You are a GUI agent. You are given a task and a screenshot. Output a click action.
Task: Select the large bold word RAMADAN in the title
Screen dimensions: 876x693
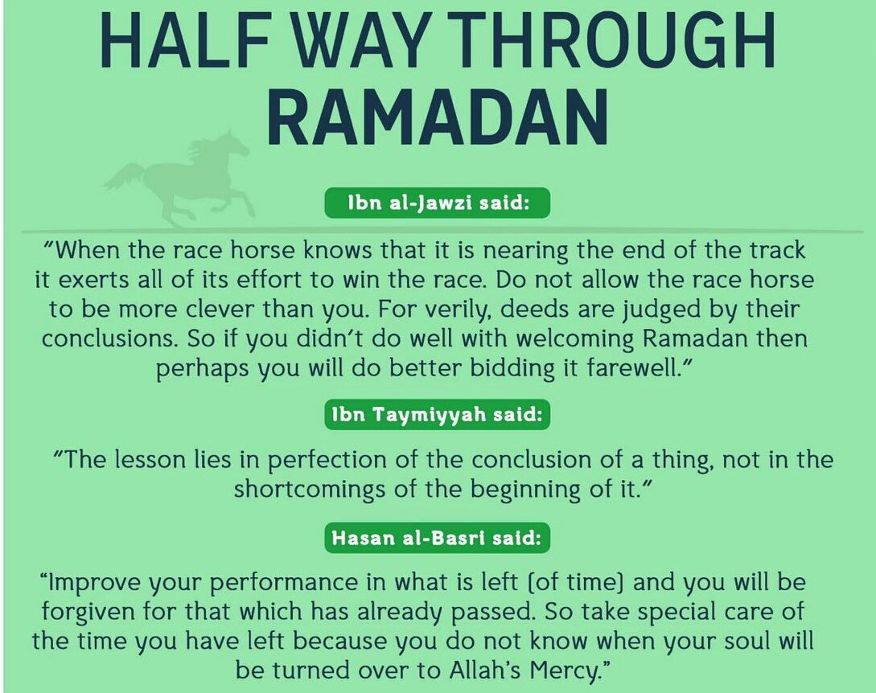click(437, 118)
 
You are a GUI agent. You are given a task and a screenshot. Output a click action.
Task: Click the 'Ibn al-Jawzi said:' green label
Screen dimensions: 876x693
click(438, 203)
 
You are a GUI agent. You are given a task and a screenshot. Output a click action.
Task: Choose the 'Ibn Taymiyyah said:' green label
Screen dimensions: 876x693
click(438, 415)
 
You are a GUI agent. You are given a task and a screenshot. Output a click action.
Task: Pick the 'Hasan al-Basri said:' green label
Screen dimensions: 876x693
click(438, 538)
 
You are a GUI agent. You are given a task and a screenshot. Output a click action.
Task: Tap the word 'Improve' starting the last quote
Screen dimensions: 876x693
click(93, 583)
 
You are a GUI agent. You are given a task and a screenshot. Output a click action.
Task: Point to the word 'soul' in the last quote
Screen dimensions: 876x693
click(746, 641)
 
